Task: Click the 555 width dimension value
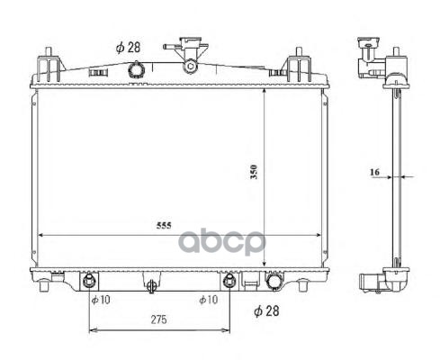tap(164, 225)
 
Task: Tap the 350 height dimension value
tap(254, 172)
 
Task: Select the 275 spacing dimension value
tap(158, 319)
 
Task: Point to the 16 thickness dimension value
tap(374, 172)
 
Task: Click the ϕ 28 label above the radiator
tap(128, 48)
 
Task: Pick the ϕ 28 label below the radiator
tap(266, 311)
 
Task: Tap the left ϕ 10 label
tap(101, 300)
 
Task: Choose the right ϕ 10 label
tap(208, 300)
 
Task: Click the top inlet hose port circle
tap(136, 70)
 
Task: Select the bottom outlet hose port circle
tap(274, 281)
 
